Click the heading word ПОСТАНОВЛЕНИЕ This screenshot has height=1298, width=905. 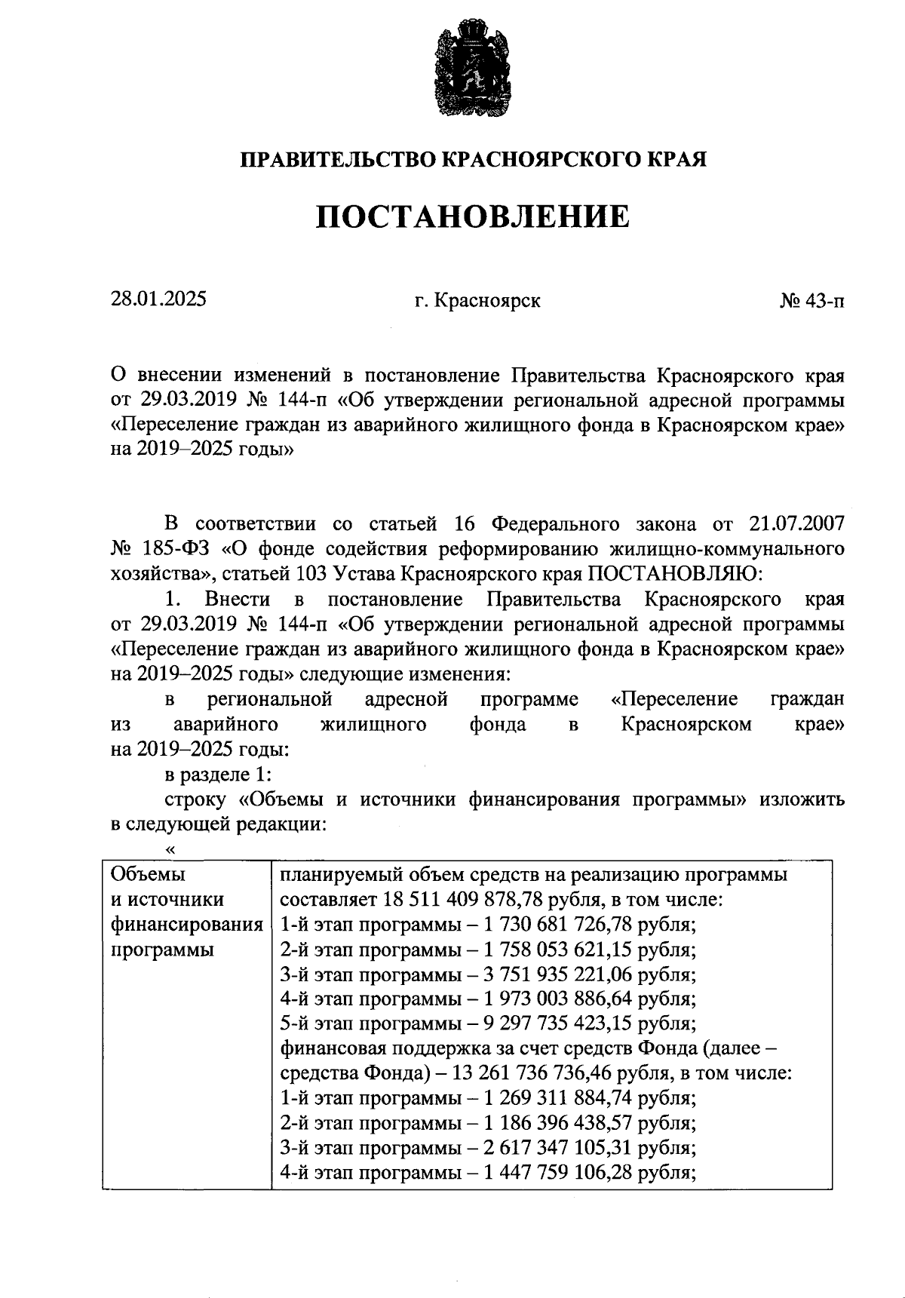pyautogui.click(x=472, y=217)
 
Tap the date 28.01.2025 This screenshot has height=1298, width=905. pyautogui.click(x=159, y=299)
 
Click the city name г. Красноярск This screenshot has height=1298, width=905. pyautogui.click(x=477, y=301)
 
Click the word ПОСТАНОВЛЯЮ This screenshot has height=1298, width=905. pyautogui.click(x=676, y=574)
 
